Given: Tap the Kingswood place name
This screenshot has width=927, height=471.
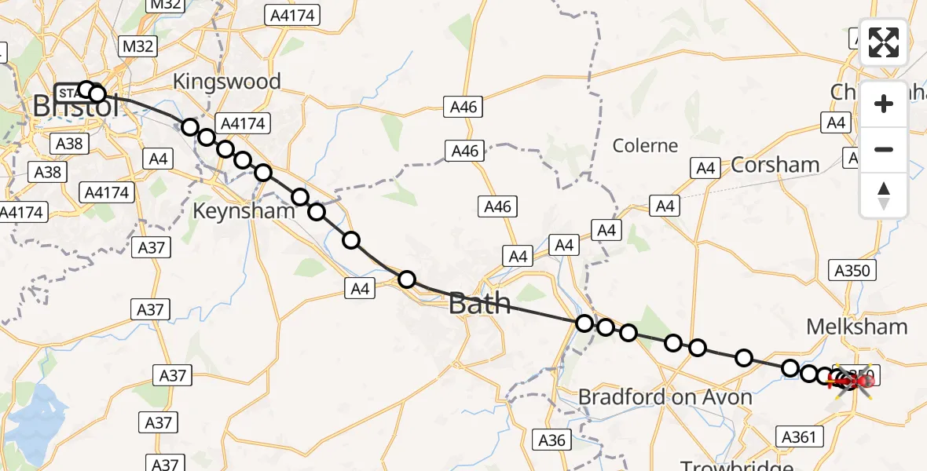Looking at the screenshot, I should [x=226, y=82].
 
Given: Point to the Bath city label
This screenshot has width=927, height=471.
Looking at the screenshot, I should [x=479, y=304].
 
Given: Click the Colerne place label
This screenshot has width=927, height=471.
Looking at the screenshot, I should [x=645, y=145].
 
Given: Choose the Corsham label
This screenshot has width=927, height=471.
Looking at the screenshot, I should [x=775, y=165].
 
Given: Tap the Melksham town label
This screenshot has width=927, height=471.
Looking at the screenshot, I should [x=857, y=327].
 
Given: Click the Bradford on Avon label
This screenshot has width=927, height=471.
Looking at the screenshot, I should [x=665, y=397].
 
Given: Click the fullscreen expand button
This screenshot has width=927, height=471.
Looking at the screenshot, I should [x=884, y=42].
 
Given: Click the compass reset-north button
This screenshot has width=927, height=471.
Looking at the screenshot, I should [x=884, y=195].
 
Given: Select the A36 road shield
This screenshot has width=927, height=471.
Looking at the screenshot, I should [x=551, y=440].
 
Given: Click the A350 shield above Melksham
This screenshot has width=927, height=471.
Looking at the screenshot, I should [x=852, y=271].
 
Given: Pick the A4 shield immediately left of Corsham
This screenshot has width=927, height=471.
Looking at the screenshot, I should [x=705, y=167].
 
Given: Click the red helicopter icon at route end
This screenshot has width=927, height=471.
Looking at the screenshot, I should [x=852, y=382].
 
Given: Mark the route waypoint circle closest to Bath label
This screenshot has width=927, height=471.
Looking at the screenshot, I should [x=407, y=279].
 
